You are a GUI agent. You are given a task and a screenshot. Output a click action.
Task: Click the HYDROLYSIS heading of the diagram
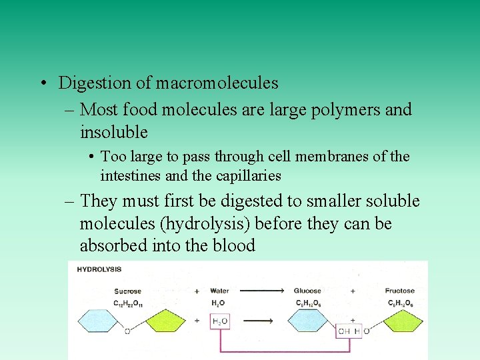coord(99,270)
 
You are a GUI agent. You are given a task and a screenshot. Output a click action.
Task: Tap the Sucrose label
coord(127,291)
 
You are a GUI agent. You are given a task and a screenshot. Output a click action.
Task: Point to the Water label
coord(219,291)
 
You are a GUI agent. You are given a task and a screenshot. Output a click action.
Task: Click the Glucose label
coord(307,291)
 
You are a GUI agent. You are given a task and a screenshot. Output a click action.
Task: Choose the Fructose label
coord(399,291)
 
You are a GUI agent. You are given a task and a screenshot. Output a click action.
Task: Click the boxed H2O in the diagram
coord(219,321)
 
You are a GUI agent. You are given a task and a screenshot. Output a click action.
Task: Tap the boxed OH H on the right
coord(350,331)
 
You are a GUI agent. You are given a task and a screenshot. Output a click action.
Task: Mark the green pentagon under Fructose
coord(400,322)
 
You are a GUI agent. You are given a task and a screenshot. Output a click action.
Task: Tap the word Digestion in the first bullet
coord(91,83)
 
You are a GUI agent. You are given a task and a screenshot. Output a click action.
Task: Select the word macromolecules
coord(217,83)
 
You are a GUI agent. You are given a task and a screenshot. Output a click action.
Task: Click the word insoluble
coord(113,131)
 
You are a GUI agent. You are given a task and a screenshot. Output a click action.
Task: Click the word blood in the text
coord(235,246)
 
